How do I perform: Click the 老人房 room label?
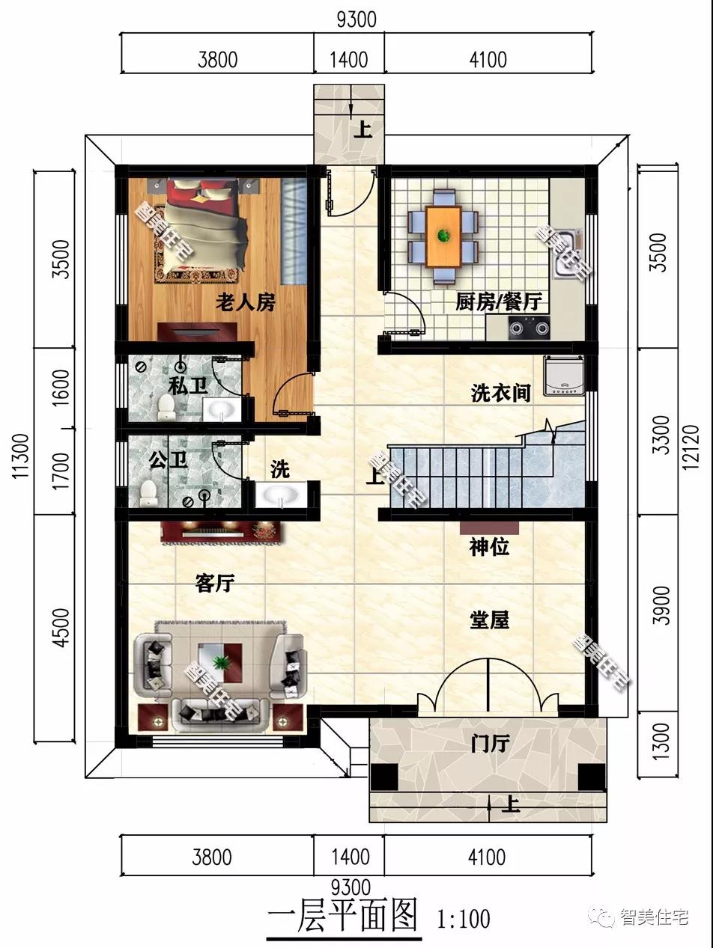(246, 303)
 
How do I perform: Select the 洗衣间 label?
(500, 393)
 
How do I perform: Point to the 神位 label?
(489, 547)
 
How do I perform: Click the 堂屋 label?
(489, 620)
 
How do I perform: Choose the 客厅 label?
(216, 584)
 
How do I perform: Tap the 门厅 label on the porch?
(491, 744)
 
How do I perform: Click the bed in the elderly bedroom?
(205, 228)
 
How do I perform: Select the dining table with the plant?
(443, 236)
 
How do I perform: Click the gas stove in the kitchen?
(529, 326)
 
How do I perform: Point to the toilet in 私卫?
(166, 405)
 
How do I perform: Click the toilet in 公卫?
(148, 492)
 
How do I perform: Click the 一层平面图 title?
(342, 917)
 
